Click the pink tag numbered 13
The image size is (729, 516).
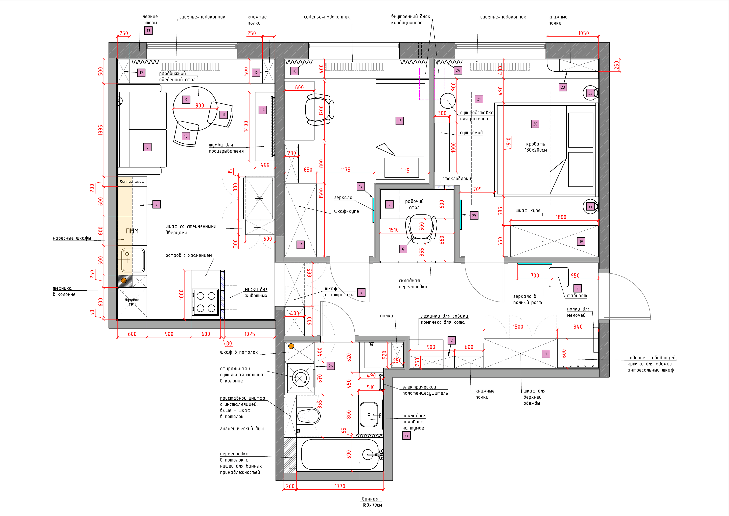pyautogui.click(x=148, y=31)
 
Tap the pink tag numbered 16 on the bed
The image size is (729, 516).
pyautogui.click(x=400, y=121)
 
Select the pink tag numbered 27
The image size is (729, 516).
pyautogui.click(x=406, y=436)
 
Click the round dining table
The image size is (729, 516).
pyautogui.click(x=195, y=108)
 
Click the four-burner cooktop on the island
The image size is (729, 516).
pyautogui.click(x=205, y=302)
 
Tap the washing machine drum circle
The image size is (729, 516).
pyautogui.click(x=300, y=378)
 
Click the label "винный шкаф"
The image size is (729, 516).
pyautogui.click(x=132, y=182)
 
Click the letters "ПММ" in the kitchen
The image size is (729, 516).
pyautogui.click(x=132, y=231)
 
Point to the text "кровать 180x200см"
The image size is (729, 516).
pyautogui.click(x=536, y=147)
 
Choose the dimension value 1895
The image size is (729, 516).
pyautogui.click(x=100, y=130)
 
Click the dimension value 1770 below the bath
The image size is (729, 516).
pyautogui.click(x=340, y=486)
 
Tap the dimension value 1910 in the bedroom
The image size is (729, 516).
pyautogui.click(x=508, y=142)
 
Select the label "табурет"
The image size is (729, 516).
pyautogui.click(x=577, y=296)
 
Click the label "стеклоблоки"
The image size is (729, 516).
pyautogui.click(x=457, y=179)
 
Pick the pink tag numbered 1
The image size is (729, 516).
pyautogui.click(x=546, y=354)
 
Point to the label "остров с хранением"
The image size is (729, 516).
pyautogui.click(x=189, y=255)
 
